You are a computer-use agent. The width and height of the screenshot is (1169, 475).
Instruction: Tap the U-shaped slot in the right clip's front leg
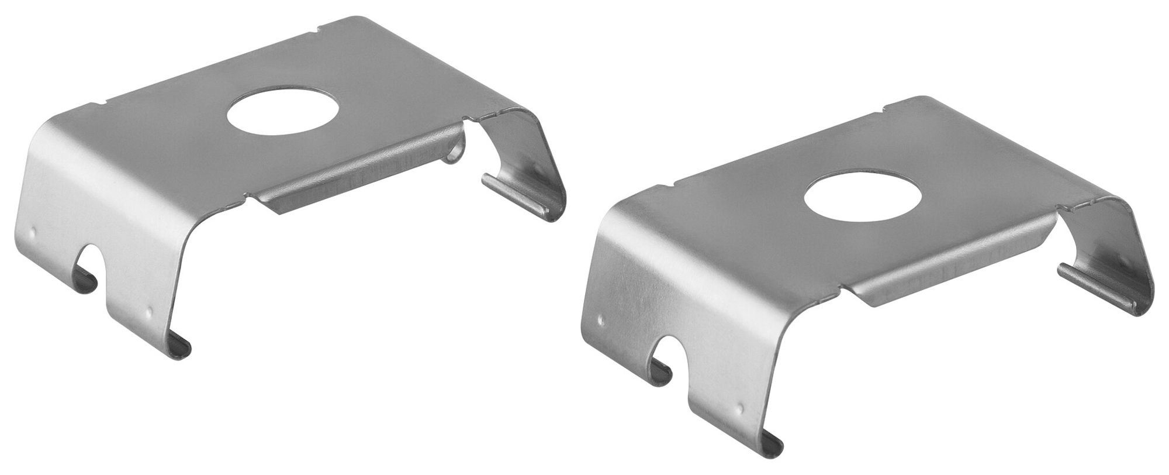click(666, 357)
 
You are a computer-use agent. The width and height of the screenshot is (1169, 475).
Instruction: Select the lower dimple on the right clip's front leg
click(741, 406)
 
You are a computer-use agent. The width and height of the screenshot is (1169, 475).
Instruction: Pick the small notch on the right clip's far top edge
click(886, 108)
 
